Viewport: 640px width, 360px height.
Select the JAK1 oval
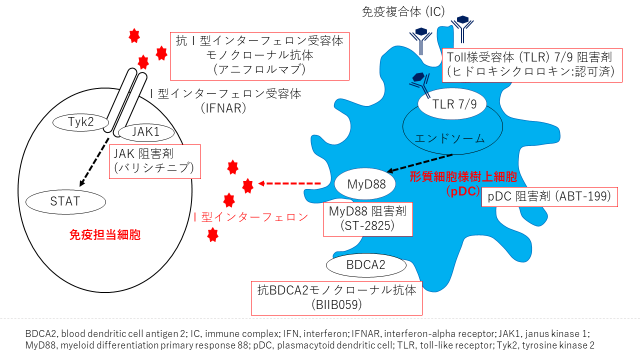point(146,132)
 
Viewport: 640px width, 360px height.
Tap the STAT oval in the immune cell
point(65,202)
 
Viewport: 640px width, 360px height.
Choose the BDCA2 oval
point(366,265)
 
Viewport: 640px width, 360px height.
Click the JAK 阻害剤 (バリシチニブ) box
point(154,161)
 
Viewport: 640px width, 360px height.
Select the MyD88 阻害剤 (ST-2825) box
point(367,219)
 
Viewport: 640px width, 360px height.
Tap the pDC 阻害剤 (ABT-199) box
point(549,196)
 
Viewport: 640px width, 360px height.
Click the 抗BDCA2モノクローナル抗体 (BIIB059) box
point(336,297)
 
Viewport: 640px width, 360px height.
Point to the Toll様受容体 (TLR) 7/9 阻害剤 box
point(532,64)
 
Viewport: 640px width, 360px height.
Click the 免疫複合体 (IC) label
point(403,12)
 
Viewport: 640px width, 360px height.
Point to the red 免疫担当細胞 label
point(104,234)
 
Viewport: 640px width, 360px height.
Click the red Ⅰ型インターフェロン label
point(250,217)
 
